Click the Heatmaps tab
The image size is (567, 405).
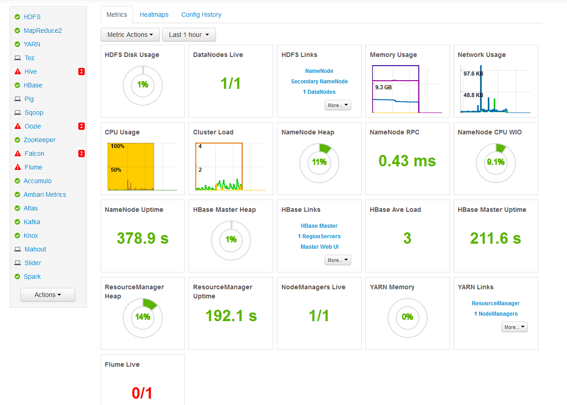click(x=154, y=15)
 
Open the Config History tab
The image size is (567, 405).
click(x=201, y=15)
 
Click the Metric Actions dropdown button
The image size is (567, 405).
click(x=130, y=35)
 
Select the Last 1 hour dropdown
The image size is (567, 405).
click(x=189, y=35)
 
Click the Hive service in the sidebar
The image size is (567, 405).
click(x=31, y=72)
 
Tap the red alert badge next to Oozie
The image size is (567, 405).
click(x=81, y=126)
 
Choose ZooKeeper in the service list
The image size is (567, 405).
click(x=40, y=140)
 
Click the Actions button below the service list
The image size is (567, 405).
click(x=48, y=295)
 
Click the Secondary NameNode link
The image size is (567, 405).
click(x=319, y=82)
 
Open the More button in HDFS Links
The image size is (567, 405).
click(x=337, y=105)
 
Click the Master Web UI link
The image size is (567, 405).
click(x=319, y=247)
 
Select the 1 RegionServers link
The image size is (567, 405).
click(x=319, y=236)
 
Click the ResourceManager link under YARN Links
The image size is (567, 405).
click(x=495, y=303)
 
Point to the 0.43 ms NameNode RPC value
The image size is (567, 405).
click(x=407, y=161)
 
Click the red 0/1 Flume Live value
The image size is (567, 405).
click(x=142, y=393)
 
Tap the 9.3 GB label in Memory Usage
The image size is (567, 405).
click(x=383, y=87)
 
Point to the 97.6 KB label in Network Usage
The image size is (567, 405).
click(x=473, y=73)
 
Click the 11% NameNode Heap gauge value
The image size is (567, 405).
click(x=319, y=162)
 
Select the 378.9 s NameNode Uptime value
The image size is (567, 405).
click(x=143, y=238)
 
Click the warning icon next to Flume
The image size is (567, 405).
click(x=18, y=167)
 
